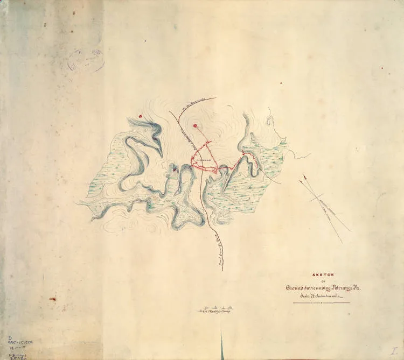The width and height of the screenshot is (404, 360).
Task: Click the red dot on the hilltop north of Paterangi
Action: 198,128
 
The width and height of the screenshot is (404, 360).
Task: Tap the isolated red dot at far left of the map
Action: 140,115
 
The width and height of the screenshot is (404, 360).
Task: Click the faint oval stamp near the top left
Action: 86,60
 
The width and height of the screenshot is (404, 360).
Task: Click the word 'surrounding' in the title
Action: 319,289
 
